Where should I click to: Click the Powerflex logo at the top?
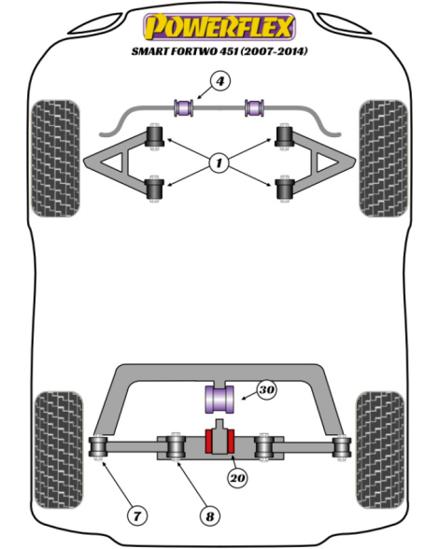pyautogui.click(x=219, y=26)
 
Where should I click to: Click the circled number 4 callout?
pyautogui.click(x=220, y=81)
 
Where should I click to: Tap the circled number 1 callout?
pyautogui.click(x=219, y=162)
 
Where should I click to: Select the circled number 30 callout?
pyautogui.click(x=266, y=389)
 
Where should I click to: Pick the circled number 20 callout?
pyautogui.click(x=237, y=478)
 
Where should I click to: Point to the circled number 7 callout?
pyautogui.click(x=136, y=515)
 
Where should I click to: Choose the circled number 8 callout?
pyautogui.click(x=209, y=516)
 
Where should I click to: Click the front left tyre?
pyautogui.click(x=55, y=159)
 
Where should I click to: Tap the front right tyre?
pyautogui.click(x=383, y=159)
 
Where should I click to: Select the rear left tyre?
pyautogui.click(x=59, y=450)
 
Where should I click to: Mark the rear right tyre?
pyautogui.click(x=380, y=450)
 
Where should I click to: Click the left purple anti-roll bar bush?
pyautogui.click(x=184, y=108)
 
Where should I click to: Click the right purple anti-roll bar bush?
pyautogui.click(x=254, y=108)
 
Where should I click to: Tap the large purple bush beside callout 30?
pyautogui.click(x=219, y=400)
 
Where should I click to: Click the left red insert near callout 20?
pyautogui.click(x=208, y=442)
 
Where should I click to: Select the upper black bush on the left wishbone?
pyautogui.click(x=154, y=137)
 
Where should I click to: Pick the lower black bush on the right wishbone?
pyautogui.click(x=285, y=189)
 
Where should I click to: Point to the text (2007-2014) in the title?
pyautogui.click(x=275, y=51)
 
